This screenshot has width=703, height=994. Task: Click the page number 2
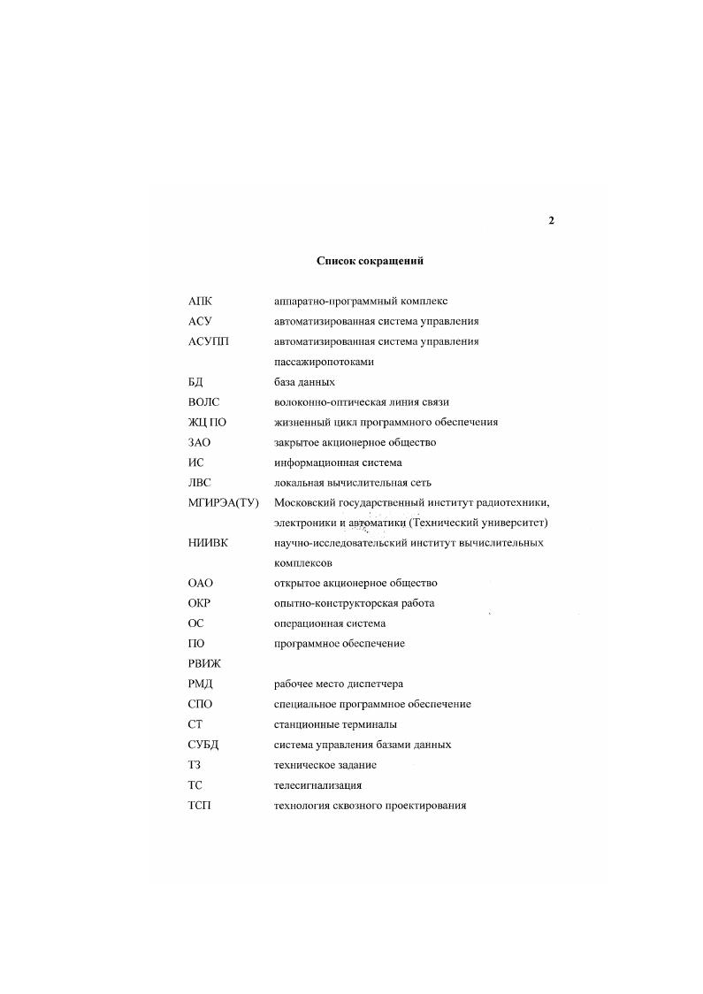coord(551,220)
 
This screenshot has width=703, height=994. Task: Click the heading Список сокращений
coord(370,261)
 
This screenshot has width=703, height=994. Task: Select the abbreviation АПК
coord(201,302)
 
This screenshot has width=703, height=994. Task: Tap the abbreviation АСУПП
coord(208,341)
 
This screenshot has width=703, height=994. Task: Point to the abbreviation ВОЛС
coord(204,402)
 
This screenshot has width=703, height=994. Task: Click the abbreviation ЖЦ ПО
coord(208,423)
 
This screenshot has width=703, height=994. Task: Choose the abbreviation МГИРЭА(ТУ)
coord(223,503)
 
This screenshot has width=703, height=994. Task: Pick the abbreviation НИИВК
coord(208,543)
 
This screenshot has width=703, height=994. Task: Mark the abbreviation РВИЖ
coord(205,664)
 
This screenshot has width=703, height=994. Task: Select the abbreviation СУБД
coord(204,745)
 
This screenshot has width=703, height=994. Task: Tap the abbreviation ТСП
coord(200,806)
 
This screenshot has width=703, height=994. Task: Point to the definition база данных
coord(304,382)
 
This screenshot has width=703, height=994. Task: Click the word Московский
coord(304,503)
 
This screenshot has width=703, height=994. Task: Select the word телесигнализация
coord(317,785)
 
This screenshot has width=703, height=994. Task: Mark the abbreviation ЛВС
coord(202,483)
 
